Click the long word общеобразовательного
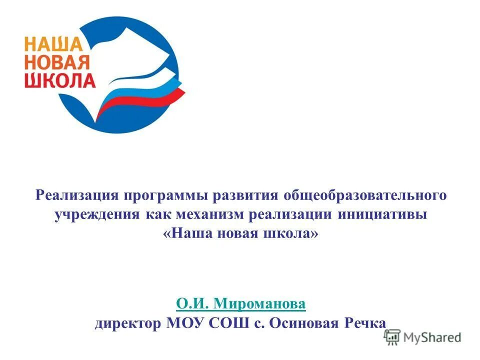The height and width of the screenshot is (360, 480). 365,194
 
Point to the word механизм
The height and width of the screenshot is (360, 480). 207,214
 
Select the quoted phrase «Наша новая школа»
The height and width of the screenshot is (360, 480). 240,234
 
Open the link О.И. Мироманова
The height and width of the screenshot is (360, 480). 240,303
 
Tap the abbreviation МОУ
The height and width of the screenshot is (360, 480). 186,323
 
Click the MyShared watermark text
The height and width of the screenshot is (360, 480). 432,337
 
